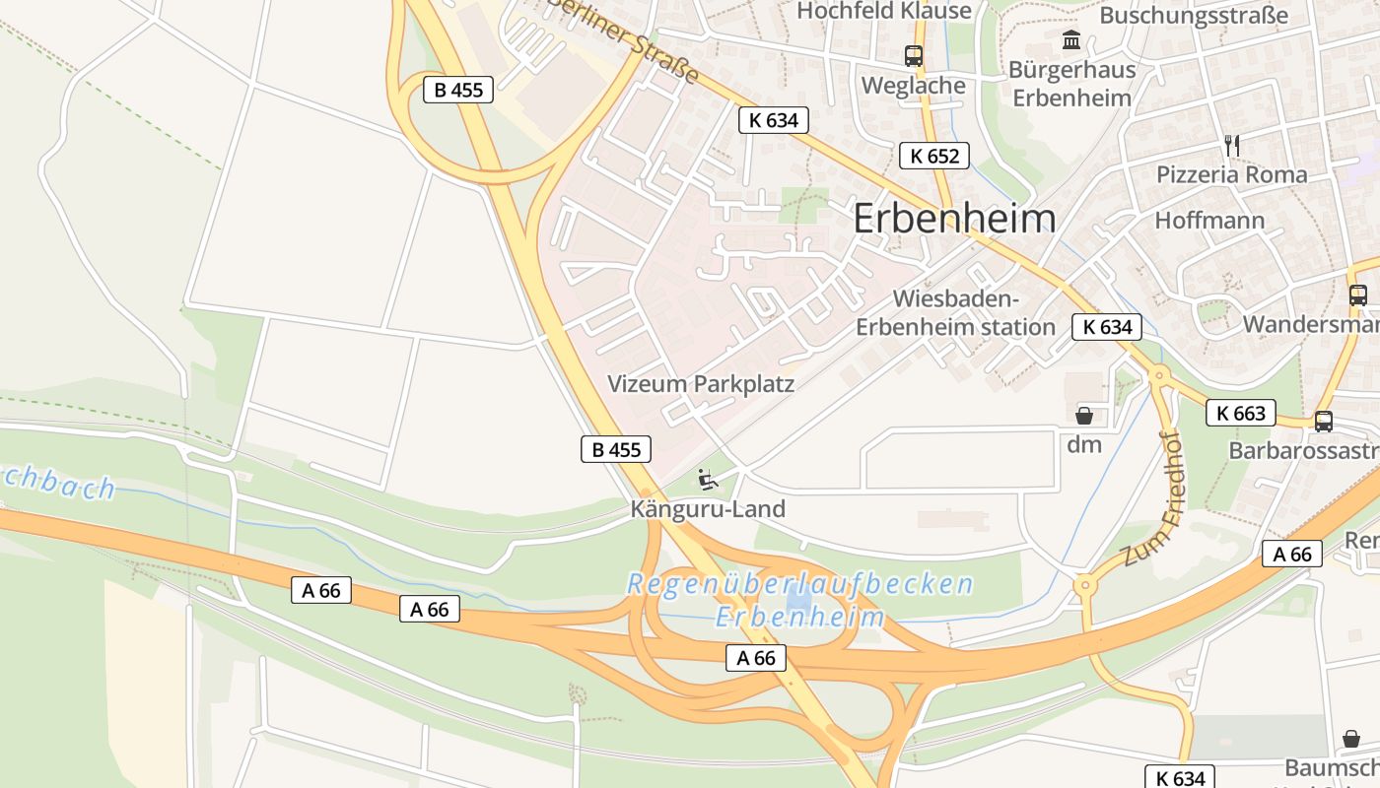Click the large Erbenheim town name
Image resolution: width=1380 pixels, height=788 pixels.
click(x=953, y=219)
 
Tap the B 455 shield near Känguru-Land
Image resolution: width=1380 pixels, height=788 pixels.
click(x=616, y=450)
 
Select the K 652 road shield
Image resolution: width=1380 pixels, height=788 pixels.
click(x=933, y=156)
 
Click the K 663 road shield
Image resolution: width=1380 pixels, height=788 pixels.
click(x=1241, y=414)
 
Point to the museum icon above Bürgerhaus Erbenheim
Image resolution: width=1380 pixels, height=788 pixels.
click(x=1071, y=40)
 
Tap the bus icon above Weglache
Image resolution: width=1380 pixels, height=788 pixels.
click(x=914, y=56)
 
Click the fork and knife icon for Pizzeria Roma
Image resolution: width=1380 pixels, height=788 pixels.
click(x=1231, y=145)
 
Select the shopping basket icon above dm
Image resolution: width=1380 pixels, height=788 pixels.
click(x=1084, y=416)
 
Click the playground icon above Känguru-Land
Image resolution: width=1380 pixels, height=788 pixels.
click(x=707, y=480)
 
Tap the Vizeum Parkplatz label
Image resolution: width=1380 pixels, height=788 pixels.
click(x=701, y=384)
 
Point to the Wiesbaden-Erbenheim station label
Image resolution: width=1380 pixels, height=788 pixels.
click(x=955, y=312)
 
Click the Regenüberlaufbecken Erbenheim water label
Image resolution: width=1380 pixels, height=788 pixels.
click(x=799, y=600)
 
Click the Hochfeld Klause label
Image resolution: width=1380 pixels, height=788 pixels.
click(x=884, y=11)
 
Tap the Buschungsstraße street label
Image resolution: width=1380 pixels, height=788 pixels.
click(x=1194, y=15)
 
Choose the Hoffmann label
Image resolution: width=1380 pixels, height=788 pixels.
click(x=1209, y=220)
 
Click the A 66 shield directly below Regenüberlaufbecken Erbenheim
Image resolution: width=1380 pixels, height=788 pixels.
click(x=756, y=658)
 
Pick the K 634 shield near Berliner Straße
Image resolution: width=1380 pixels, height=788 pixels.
click(x=774, y=120)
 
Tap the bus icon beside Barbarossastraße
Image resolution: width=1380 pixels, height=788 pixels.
click(x=1324, y=422)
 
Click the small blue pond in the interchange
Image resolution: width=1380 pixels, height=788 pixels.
click(x=799, y=598)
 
